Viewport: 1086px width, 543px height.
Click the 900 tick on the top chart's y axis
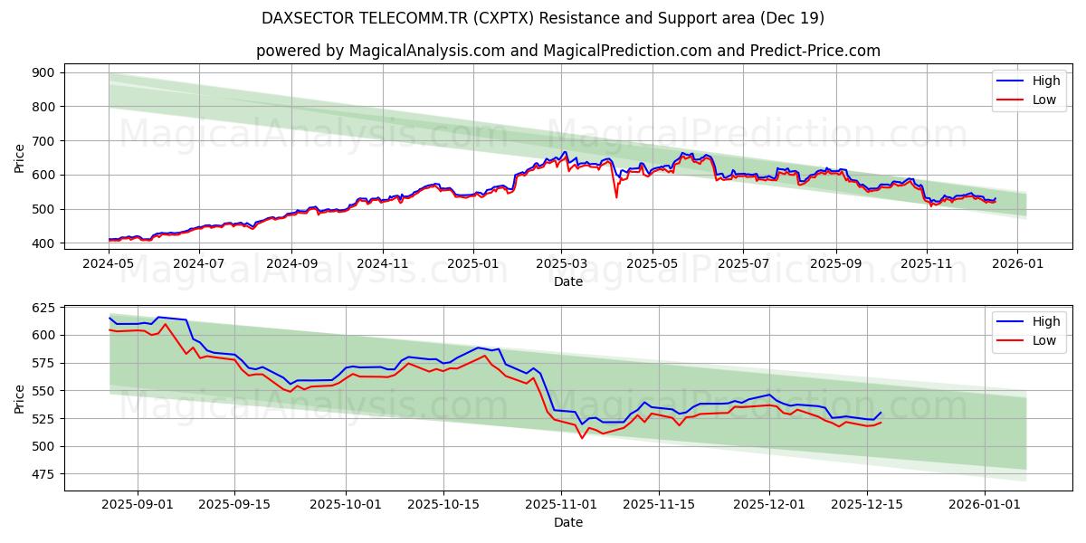point(42,72)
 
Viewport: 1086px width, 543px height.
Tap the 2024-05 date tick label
point(109,263)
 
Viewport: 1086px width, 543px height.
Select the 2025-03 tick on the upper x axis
point(561,263)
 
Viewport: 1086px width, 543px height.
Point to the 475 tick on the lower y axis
point(42,474)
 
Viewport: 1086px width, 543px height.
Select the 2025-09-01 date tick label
point(138,504)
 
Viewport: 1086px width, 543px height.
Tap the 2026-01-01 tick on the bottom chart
point(984,504)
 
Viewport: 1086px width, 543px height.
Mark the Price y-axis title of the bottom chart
point(19,397)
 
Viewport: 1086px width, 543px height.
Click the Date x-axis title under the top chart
point(568,281)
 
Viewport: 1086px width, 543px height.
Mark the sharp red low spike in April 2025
point(616,196)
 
